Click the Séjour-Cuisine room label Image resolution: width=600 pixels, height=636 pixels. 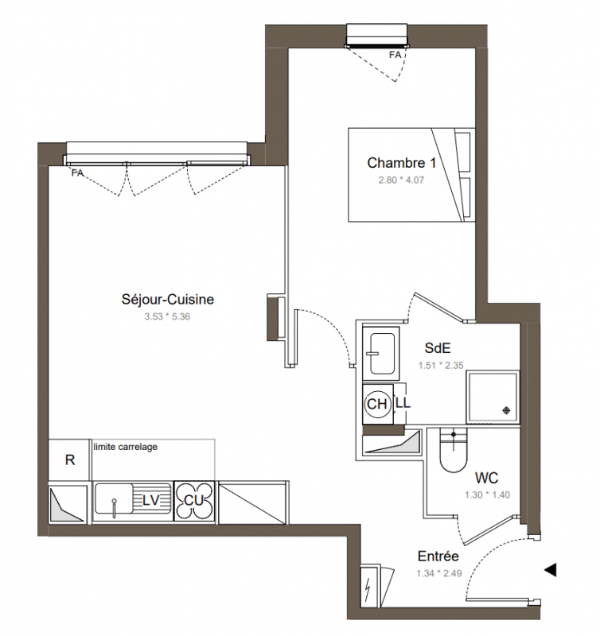pyautogui.click(x=168, y=300)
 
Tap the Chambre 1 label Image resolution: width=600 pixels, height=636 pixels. pyautogui.click(x=402, y=163)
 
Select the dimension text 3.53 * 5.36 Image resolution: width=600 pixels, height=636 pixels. pyautogui.click(x=167, y=316)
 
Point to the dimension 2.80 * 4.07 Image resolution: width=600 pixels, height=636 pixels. pyautogui.click(x=401, y=180)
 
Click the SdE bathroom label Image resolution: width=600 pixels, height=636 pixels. pyautogui.click(x=438, y=348)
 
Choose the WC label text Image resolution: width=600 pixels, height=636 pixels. pyautogui.click(x=486, y=479)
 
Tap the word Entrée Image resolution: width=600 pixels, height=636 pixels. pyautogui.click(x=438, y=556)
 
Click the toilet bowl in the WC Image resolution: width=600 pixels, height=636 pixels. pyautogui.click(x=454, y=452)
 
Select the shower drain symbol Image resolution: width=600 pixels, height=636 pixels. pyautogui.click(x=506, y=410)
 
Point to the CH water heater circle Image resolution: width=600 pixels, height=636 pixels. pyautogui.click(x=377, y=404)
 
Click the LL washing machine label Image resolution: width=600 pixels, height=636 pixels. pyautogui.click(x=403, y=403)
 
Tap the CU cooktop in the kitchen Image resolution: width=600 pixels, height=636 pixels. pyautogui.click(x=193, y=501)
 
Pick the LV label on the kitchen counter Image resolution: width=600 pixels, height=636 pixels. pyautogui.click(x=151, y=501)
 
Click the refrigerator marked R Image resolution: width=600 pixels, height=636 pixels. pyautogui.click(x=69, y=460)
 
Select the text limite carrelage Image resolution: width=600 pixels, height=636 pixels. pyautogui.click(x=126, y=447)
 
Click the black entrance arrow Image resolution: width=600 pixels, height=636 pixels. pyautogui.click(x=550, y=570)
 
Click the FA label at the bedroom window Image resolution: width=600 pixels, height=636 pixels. pyautogui.click(x=395, y=55)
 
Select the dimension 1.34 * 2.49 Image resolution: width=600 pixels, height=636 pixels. pyautogui.click(x=438, y=573)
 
